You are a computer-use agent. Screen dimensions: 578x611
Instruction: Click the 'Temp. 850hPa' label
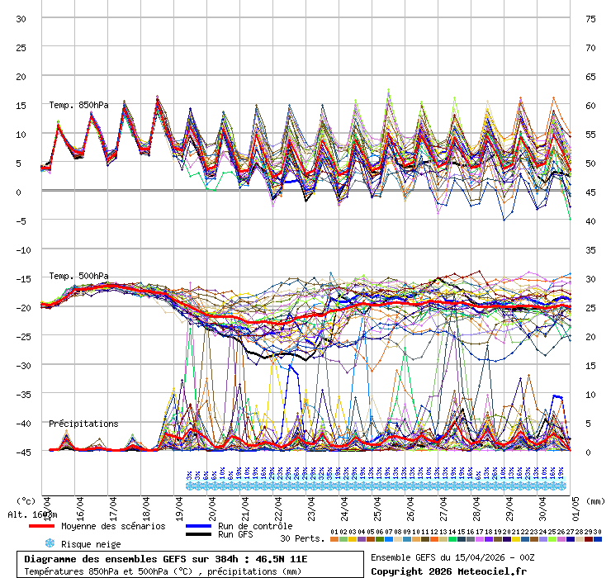[78, 105]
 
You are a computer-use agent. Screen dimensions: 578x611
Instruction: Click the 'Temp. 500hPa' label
[78, 276]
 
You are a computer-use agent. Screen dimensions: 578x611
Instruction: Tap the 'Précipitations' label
[83, 424]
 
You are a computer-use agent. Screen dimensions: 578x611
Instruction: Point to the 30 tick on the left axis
[22, 18]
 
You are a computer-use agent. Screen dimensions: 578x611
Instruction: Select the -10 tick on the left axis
[22, 249]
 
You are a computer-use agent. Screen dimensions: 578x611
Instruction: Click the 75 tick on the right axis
[590, 18]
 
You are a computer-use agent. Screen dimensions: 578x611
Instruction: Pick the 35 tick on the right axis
[590, 249]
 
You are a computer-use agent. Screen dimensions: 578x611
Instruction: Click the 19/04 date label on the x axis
[179, 504]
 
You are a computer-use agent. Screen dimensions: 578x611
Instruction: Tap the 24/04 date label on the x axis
[344, 504]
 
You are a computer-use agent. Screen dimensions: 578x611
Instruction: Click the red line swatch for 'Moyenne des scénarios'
[41, 526]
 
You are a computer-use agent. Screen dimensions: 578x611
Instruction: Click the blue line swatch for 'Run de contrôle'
[198, 526]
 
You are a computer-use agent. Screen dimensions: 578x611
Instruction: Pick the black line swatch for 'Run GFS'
[198, 535]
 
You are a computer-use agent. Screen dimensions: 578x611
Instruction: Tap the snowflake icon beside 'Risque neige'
[49, 543]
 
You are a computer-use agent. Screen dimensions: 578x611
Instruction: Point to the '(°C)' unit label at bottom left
[26, 500]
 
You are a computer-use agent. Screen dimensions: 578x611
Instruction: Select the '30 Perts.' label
[302, 538]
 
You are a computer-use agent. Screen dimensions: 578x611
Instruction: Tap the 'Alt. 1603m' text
[33, 514]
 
